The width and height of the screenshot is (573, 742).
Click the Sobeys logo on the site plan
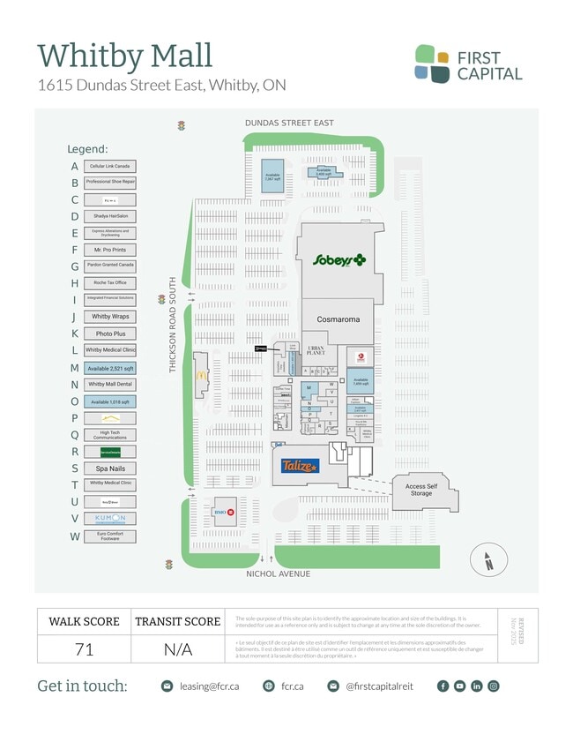tap(339, 259)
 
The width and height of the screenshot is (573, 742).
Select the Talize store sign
tap(300, 466)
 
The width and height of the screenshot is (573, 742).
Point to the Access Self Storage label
tap(421, 489)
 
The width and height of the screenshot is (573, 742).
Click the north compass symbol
tap(486, 560)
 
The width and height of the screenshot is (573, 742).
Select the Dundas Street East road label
tap(289, 123)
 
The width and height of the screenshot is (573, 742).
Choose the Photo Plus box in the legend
tap(110, 334)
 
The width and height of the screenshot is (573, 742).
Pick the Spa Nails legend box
tap(110, 468)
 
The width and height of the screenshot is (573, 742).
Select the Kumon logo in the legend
tap(110, 518)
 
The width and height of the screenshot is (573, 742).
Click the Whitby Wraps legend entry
tap(110, 317)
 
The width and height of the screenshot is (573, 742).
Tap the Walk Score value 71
tap(84, 650)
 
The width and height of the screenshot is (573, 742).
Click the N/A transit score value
tap(177, 650)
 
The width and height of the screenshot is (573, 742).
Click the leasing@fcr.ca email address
tap(210, 686)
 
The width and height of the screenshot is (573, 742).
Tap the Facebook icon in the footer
tap(443, 686)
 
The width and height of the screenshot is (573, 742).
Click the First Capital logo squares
tap(432, 64)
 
